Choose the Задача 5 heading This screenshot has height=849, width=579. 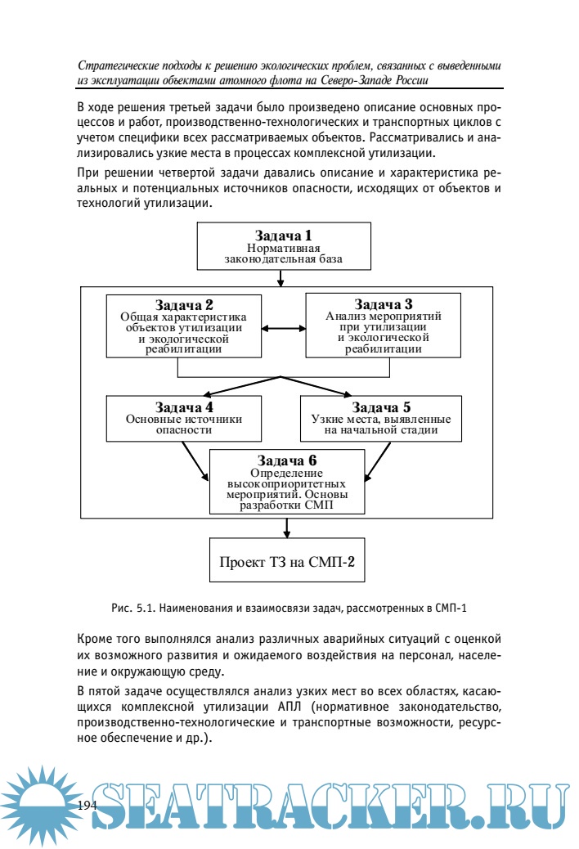point(381,407)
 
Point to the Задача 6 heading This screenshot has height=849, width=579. point(287,460)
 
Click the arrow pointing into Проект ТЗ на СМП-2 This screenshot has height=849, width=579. point(286,528)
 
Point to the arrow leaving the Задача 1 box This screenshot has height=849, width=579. point(281,278)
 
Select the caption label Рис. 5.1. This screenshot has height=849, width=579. point(132,608)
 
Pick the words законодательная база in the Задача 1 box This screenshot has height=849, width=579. point(283,260)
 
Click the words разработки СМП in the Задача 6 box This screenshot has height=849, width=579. point(285,505)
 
